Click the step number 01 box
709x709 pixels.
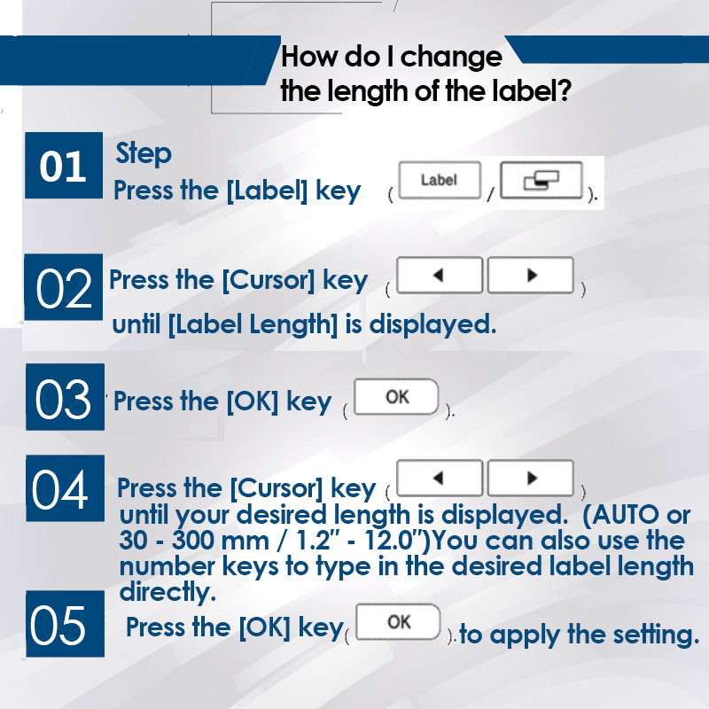[x=64, y=166]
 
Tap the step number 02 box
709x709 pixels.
[x=63, y=287]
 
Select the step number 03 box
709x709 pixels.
[x=65, y=396]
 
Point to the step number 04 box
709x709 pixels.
[x=65, y=488]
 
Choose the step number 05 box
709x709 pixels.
[x=65, y=624]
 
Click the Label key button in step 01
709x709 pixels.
[x=440, y=180]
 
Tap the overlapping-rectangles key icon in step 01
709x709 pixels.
[x=541, y=180]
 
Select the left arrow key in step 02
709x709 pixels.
[x=440, y=275]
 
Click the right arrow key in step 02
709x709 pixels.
[x=531, y=275]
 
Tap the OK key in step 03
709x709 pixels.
[x=396, y=396]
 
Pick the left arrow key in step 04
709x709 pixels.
[x=440, y=478]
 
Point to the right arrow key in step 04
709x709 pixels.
[x=531, y=478]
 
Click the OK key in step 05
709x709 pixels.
[x=398, y=622]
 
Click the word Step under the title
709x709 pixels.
[x=144, y=154]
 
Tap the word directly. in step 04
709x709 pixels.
[x=168, y=592]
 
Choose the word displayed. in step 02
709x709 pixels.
[x=432, y=324]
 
